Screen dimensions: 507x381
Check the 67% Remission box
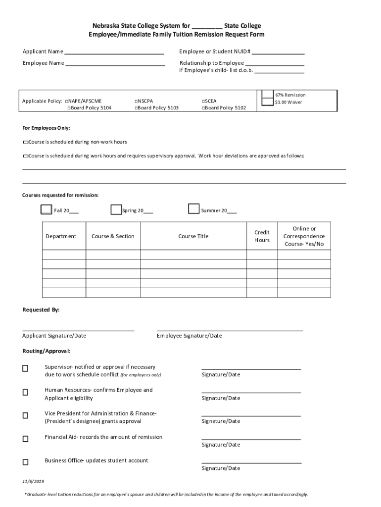click(268, 95)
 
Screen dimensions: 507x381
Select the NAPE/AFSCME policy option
click(67, 101)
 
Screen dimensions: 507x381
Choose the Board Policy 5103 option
click(136, 108)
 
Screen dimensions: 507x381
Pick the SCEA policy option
click(203, 101)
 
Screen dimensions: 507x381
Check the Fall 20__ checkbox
click(46, 209)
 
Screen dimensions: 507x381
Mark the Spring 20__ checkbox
click(116, 209)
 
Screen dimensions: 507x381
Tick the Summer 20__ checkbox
click(194, 209)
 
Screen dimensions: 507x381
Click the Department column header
click(61, 237)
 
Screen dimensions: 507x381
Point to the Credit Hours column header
click(262, 236)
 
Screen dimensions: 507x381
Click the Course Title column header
click(193, 237)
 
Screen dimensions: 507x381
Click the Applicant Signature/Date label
click(54, 336)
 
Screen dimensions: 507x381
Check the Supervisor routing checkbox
click(25, 369)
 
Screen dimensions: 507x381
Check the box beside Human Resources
click(25, 392)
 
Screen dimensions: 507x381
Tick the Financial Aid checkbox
click(25, 439)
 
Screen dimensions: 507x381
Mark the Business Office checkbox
click(25, 462)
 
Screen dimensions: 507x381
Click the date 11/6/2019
click(33, 482)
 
